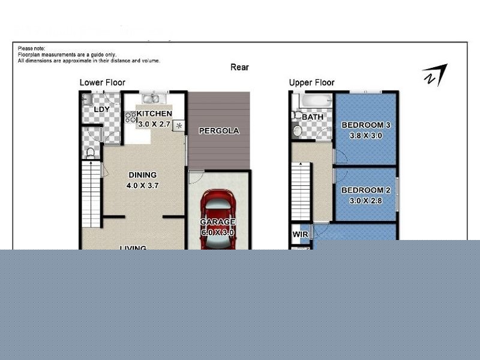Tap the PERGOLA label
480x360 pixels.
[219, 131]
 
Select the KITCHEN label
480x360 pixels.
[154, 114]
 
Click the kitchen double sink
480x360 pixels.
[151, 99]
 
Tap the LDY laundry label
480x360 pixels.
[101, 109]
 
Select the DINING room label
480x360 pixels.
[142, 175]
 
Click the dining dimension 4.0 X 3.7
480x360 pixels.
[142, 185]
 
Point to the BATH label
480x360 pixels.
[313, 117]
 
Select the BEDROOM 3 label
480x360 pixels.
[365, 125]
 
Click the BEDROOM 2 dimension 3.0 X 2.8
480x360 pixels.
[365, 201]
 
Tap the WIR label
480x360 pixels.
[299, 234]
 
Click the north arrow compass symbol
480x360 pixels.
[434, 75]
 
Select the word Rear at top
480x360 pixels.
[239, 68]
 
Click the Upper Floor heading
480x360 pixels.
[311, 83]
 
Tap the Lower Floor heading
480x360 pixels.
[103, 83]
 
